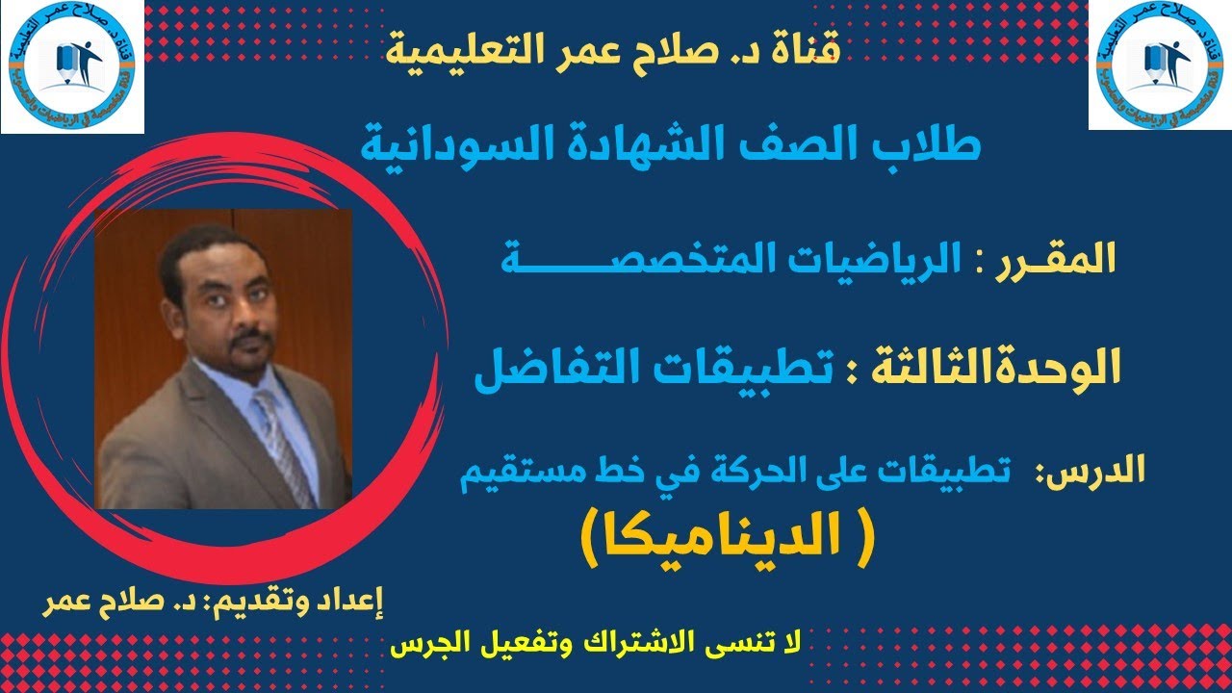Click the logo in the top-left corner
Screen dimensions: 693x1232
[72, 67]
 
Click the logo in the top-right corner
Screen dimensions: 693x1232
[1160, 64]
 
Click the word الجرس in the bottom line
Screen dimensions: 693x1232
[428, 644]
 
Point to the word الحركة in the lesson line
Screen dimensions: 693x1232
[741, 472]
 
